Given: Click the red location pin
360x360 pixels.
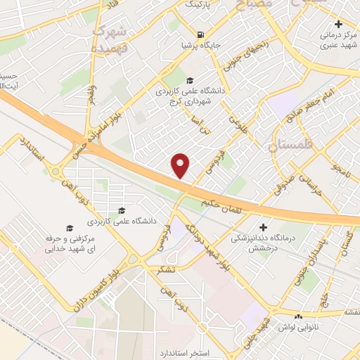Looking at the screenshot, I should point(181,165).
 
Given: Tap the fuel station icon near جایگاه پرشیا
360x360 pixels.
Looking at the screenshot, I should point(202,34).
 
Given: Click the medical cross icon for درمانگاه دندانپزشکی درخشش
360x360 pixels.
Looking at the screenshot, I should point(263,227).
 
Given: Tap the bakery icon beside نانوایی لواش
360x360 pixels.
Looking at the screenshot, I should point(300,317).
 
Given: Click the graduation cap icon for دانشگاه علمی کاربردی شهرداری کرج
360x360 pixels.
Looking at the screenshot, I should point(190,80).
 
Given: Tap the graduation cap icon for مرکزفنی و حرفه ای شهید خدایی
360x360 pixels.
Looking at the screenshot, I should point(69,227).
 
